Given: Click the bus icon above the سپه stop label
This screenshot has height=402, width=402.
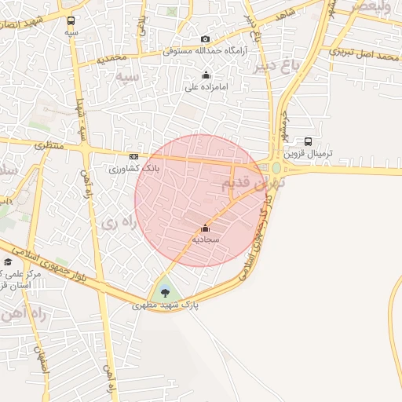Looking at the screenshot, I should click(x=71, y=21).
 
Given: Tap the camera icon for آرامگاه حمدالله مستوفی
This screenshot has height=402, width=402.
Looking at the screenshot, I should click(x=206, y=39).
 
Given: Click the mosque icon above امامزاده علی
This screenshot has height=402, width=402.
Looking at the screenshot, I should click(x=206, y=75).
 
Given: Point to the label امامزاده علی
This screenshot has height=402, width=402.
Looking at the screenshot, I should click(x=206, y=87).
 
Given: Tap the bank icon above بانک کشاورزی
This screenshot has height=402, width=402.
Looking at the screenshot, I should click(x=133, y=156).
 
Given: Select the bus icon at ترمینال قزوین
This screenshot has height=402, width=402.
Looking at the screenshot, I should click(x=308, y=141).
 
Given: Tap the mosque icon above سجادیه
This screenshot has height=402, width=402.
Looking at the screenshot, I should click(x=206, y=228).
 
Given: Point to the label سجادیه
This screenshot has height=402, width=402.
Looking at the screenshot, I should click(x=206, y=238).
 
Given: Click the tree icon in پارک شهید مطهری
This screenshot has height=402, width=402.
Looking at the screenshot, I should click(x=164, y=293).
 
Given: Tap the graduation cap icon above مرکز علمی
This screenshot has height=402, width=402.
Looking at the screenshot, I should click(x=7, y=262).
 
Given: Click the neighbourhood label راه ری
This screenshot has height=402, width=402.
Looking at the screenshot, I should click(x=119, y=223).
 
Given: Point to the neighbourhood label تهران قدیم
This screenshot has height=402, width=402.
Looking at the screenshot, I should click(x=249, y=184).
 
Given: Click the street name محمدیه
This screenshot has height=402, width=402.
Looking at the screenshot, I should click(x=111, y=59).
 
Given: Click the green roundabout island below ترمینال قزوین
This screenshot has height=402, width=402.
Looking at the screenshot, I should click(x=276, y=167).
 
